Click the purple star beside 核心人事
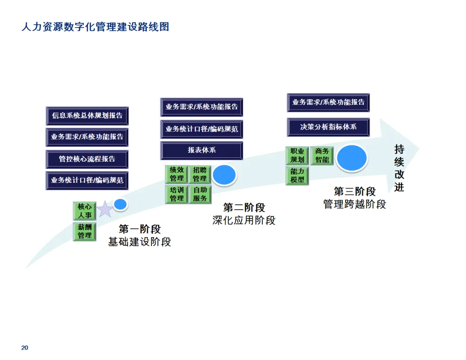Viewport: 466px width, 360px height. [x=105, y=209]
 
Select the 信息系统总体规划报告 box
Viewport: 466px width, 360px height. [x=87, y=116]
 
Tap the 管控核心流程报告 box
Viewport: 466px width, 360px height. [x=87, y=159]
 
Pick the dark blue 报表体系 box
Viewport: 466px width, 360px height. [x=202, y=150]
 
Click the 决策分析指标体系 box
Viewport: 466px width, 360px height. [x=328, y=127]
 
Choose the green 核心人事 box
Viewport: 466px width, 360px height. [x=85, y=211]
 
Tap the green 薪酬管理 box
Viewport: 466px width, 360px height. [x=85, y=231]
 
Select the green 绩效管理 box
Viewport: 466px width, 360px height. [x=176, y=174]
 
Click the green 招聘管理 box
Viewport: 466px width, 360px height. [x=200, y=174]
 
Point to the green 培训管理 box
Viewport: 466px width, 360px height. [x=176, y=194]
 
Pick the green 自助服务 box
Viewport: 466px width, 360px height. [x=200, y=194]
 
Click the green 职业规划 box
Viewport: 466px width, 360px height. [x=297, y=156]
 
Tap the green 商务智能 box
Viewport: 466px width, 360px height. [x=322, y=156]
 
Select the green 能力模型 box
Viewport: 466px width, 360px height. [x=297, y=175]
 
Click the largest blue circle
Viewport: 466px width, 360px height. [x=352, y=158]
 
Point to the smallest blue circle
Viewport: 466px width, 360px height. [x=120, y=204]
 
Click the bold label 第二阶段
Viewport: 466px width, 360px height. [x=244, y=208]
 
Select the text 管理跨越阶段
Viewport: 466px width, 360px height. [x=355, y=204]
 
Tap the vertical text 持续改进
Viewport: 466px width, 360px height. [x=399, y=168]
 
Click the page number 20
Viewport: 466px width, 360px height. [x=25, y=347]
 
